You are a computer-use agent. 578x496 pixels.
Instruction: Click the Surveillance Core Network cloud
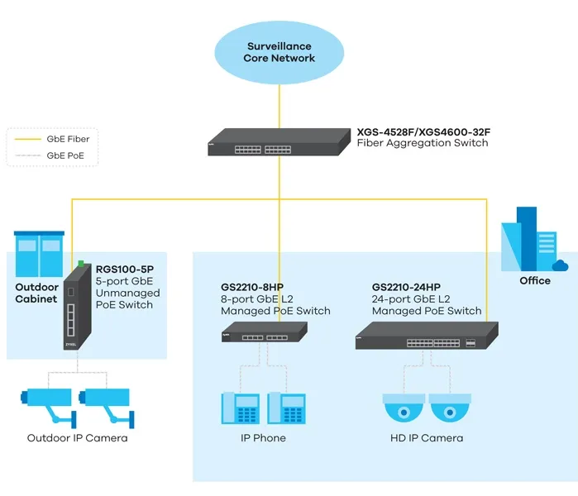pos(279,52)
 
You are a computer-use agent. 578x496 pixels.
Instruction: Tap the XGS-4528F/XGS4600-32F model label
pos(429,131)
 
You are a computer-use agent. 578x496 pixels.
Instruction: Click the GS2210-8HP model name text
pos(252,287)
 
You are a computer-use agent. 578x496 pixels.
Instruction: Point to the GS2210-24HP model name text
pos(406,287)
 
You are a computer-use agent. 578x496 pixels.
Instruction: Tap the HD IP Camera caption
pos(427,438)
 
